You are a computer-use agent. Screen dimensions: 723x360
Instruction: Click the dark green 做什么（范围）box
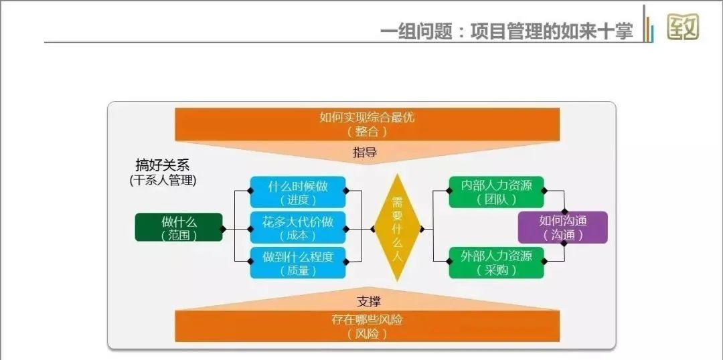179,228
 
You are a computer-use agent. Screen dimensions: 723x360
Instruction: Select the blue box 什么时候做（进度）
298,191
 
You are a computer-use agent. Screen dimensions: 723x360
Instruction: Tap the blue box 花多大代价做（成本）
298,228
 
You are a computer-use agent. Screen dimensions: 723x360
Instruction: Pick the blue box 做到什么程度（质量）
298,263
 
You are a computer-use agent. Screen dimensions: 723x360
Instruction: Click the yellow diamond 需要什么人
397,228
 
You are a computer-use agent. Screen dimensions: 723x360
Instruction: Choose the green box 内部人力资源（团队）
496,192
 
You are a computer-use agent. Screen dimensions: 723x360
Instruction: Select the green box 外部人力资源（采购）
496,262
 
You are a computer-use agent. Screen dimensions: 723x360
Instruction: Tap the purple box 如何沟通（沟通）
562,228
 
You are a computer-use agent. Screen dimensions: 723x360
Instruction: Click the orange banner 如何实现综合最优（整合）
367,124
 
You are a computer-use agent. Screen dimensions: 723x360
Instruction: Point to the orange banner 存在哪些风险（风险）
367,326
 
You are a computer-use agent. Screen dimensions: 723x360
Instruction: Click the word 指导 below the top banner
366,153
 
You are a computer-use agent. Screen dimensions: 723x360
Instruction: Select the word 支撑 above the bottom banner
366,302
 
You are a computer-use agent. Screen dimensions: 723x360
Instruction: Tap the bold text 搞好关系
163,165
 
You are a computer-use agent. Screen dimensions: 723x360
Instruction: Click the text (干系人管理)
163,180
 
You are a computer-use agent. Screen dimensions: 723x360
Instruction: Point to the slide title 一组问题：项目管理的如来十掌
506,31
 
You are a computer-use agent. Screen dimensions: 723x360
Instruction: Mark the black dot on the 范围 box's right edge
223,228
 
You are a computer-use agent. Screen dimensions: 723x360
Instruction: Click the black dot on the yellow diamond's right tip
422,228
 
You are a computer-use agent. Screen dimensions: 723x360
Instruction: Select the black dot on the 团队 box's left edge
450,191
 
